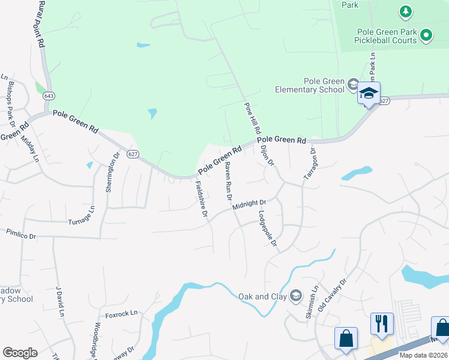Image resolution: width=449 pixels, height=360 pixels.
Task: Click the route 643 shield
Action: [x=49, y=96]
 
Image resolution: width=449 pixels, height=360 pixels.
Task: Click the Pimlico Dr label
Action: [x=21, y=233]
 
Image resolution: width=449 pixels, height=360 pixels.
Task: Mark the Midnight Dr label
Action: [x=249, y=205]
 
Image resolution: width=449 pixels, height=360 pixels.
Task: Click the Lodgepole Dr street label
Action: [x=268, y=229]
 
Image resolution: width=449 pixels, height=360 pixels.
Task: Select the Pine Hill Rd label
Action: [x=253, y=118]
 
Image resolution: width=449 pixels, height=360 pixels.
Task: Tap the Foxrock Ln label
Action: [x=121, y=313]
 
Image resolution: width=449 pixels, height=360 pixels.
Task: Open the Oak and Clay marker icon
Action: [x=295, y=295]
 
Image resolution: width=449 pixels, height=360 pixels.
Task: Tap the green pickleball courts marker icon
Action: [x=426, y=35]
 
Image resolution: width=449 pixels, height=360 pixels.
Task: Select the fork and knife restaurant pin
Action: [x=382, y=324]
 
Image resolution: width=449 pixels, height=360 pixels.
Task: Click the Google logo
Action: [x=20, y=352]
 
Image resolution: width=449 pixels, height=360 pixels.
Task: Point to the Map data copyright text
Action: [x=424, y=355]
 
